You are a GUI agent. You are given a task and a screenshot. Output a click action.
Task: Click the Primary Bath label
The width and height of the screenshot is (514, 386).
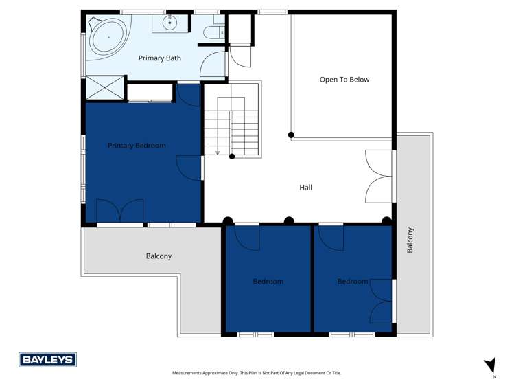coord(159,58)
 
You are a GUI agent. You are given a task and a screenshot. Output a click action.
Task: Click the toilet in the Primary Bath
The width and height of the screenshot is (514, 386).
coord(215,31)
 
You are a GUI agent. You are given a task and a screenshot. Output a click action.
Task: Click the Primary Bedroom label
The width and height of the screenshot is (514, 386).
coord(137,146)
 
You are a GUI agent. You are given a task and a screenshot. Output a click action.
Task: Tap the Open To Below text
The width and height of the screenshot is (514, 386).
coord(344,80)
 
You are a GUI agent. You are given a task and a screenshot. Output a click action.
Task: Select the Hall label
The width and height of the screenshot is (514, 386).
coord(306,187)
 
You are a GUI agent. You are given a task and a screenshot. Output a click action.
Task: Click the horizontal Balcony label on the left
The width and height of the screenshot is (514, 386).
coord(159,256)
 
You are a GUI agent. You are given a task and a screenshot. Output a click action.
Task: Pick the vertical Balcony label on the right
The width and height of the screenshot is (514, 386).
coord(410,240)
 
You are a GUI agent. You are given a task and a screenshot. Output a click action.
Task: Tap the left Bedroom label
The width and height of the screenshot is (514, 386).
coord(268,282)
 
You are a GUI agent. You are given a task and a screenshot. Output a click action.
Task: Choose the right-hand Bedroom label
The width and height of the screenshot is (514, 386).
coord(352,282)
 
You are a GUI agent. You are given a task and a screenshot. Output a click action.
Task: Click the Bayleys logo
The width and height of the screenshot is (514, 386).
coord(47,360)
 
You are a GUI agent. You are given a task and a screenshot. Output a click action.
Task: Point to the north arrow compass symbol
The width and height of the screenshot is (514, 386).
coord(490,365)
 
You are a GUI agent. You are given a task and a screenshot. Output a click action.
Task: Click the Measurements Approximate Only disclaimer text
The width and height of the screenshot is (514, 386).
coord(257,373)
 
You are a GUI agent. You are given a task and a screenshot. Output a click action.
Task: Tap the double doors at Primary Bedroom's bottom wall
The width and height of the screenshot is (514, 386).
coord(119,211)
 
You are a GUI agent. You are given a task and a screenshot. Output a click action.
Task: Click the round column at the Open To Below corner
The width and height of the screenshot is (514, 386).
coord(291,135)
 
